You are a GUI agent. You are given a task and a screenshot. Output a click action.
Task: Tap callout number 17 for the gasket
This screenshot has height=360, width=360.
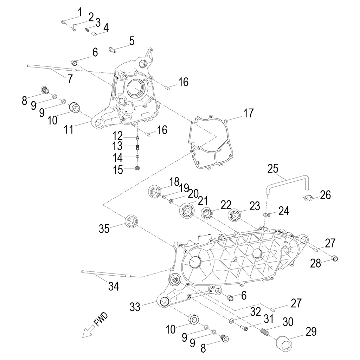pyautogui.click(x=248, y=114)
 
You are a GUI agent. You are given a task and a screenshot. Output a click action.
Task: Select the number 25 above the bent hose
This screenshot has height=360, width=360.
pyautogui.click(x=273, y=168)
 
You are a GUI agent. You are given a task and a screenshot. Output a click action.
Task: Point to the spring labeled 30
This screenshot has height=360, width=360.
pyautogui.click(x=265, y=332)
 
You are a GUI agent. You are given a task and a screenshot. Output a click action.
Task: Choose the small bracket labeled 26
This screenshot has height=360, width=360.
pyautogui.click(x=308, y=198)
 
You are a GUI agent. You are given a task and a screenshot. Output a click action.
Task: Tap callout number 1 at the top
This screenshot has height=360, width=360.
pyautogui.click(x=79, y=12)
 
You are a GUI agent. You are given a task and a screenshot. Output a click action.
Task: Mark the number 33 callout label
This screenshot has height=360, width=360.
pyautogui.click(x=135, y=307)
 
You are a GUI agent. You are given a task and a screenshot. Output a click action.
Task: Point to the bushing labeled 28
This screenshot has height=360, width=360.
pyautogui.click(x=336, y=259)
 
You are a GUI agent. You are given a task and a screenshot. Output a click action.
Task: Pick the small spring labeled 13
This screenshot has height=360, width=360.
pyautogui.click(x=138, y=147)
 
